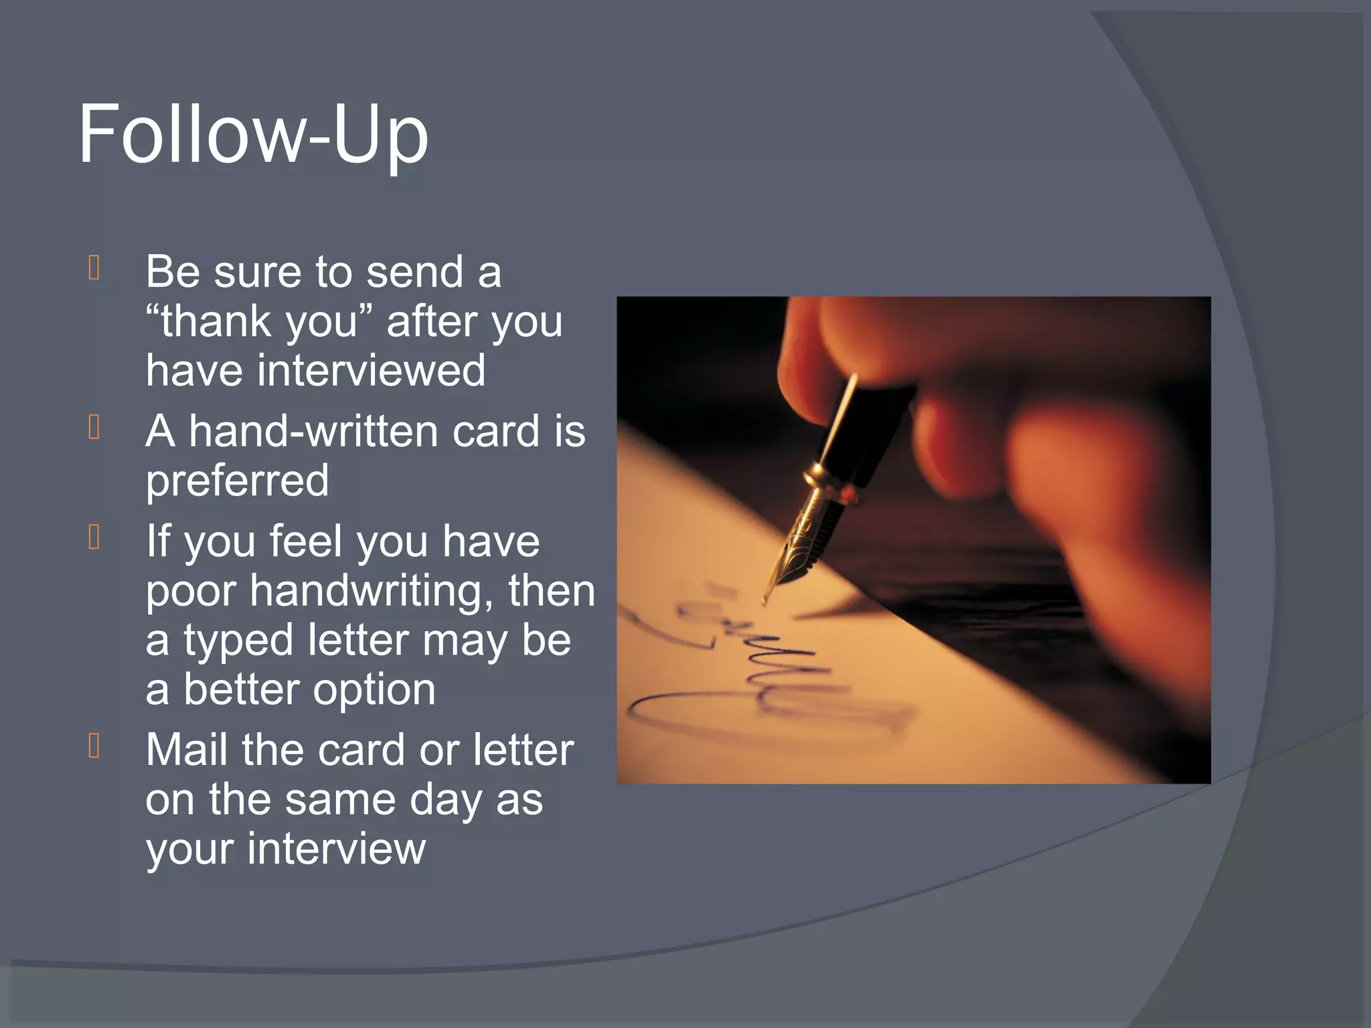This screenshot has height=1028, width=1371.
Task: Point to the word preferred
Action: pos(238,481)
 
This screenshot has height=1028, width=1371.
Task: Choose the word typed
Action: pos(238,640)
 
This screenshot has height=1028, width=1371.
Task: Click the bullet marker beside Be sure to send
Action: pos(94,268)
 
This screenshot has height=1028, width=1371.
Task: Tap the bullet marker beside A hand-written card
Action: pos(94,427)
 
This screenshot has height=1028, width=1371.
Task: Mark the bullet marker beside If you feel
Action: pos(94,537)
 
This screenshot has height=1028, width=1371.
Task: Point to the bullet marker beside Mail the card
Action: pos(94,746)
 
